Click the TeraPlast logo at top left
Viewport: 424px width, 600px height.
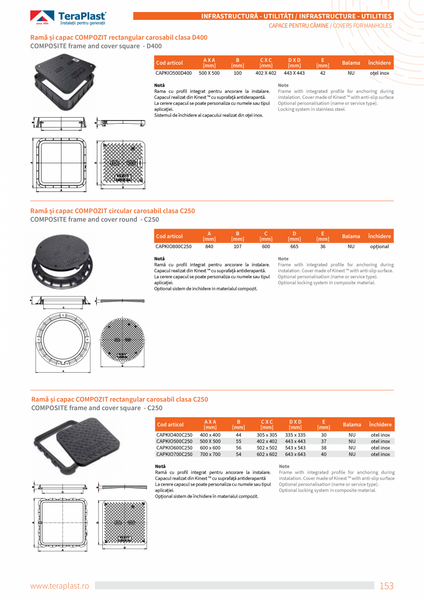pyautogui.click(x=68, y=18)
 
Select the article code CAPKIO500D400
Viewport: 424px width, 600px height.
pyautogui.click(x=173, y=73)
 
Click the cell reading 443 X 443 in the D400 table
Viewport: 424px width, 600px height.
pyautogui.click(x=294, y=73)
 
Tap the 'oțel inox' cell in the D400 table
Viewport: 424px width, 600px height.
pyautogui.click(x=379, y=73)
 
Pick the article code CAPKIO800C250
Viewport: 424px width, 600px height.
pyautogui.click(x=173, y=246)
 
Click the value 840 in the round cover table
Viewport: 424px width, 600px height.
pyautogui.click(x=209, y=246)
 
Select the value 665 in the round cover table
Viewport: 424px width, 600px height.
pyautogui.click(x=294, y=246)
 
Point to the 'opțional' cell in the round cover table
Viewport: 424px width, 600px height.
pyautogui.click(x=379, y=246)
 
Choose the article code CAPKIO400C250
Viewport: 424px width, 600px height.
pyautogui.click(x=174, y=435)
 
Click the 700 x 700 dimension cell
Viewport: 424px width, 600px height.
pyautogui.click(x=210, y=454)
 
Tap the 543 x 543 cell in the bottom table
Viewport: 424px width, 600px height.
pyautogui.click(x=295, y=448)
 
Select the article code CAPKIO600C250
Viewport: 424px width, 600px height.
pyautogui.click(x=174, y=448)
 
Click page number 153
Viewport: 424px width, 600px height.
pyautogui.click(x=386, y=586)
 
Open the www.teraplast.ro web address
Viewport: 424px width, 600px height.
pyautogui.click(x=59, y=586)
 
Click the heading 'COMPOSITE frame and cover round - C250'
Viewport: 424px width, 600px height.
pyautogui.click(x=94, y=220)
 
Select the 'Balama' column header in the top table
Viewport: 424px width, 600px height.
pyautogui.click(x=351, y=63)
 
